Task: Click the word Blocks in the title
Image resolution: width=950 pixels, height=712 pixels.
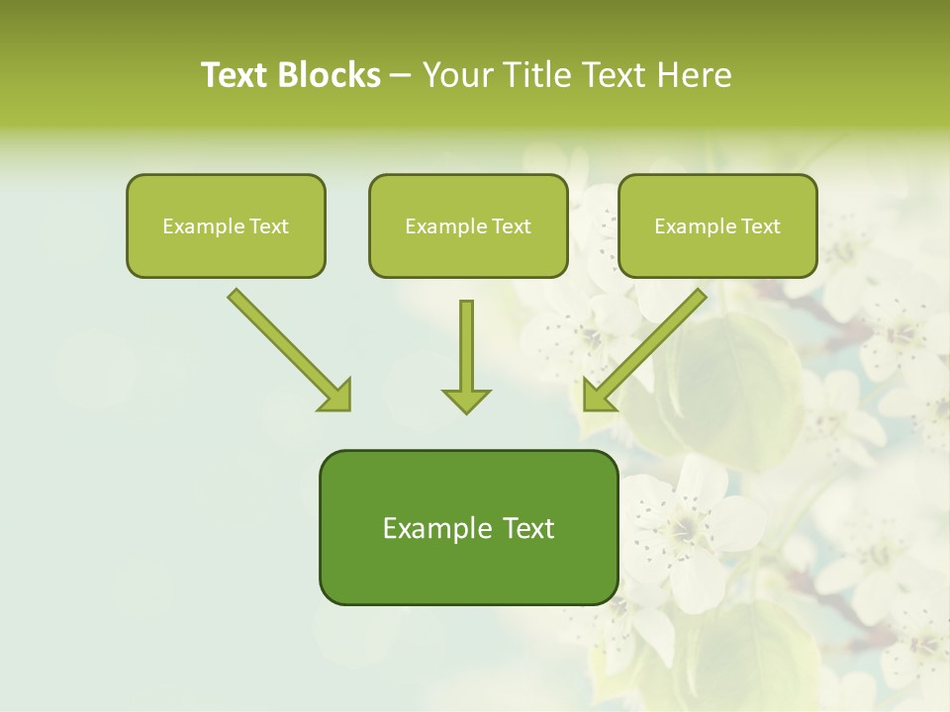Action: point(331,74)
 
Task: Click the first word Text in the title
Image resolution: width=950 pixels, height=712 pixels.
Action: point(237,74)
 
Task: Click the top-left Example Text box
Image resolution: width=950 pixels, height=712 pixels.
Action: point(226,225)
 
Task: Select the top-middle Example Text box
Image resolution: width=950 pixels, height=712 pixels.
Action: point(468,225)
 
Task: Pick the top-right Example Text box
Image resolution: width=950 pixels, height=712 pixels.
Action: point(717,225)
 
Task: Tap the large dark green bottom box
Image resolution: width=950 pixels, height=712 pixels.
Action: point(468,527)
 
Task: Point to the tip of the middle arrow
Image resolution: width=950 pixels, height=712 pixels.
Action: point(466,410)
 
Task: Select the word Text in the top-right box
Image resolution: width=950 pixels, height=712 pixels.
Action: point(761,226)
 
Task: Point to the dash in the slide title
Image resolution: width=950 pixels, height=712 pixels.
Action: point(401,76)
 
